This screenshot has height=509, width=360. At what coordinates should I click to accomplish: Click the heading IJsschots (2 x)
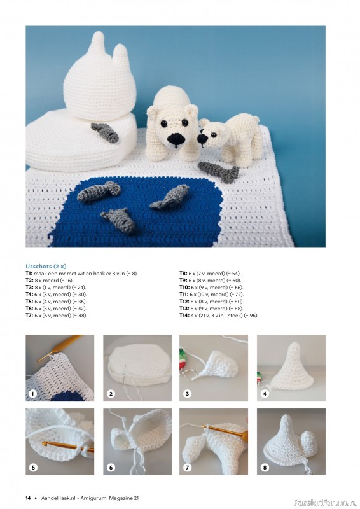click(46, 266)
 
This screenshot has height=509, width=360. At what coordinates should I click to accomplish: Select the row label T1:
click(29, 273)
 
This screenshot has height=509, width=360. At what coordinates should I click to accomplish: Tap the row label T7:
click(29, 316)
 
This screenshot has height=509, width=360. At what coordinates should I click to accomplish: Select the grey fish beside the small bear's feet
click(219, 171)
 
